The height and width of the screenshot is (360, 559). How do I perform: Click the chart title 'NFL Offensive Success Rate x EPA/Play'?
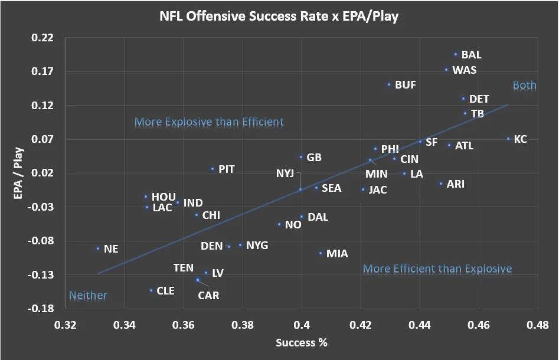pos(279,16)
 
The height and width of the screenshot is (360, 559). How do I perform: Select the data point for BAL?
pos(456,54)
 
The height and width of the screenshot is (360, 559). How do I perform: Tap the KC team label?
pos(520,139)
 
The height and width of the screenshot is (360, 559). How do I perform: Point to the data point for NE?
pos(98,248)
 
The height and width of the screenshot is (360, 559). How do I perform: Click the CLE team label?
pos(165,291)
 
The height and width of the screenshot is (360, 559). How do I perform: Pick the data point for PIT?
pos(213,169)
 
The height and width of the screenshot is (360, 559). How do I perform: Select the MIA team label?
pos(337,254)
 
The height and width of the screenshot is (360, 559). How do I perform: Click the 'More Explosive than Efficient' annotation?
pos(209,122)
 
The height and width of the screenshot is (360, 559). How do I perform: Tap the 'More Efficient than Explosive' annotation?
pos(437,269)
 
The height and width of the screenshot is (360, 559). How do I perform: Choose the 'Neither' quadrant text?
pos(88,295)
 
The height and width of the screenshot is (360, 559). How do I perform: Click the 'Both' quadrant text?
pos(524,86)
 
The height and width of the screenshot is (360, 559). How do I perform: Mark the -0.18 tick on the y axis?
pos(43,309)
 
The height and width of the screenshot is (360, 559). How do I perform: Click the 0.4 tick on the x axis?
pos(302,325)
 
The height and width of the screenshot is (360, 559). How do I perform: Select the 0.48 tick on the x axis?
pos(537,325)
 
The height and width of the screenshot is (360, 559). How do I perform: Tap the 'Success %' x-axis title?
pos(301,343)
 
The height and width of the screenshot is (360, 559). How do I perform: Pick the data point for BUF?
pos(389,84)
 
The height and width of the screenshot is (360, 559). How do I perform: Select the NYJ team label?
pos(285,173)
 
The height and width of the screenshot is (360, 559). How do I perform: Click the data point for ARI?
pos(440,184)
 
